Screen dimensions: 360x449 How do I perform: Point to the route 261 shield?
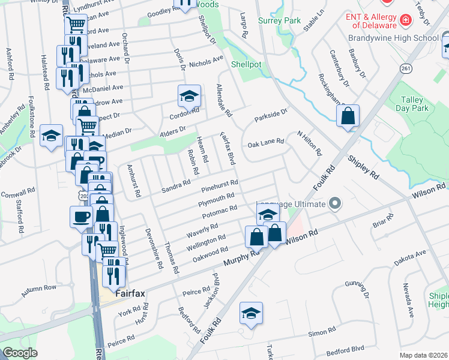tap(406, 68)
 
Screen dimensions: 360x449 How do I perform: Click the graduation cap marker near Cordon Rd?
tap(188, 96)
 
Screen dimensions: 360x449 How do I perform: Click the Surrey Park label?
tap(279, 20)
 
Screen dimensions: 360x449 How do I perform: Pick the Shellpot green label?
tap(246, 64)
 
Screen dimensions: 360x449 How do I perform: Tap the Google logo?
tap(20, 353)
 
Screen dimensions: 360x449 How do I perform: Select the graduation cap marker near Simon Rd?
tap(251, 314)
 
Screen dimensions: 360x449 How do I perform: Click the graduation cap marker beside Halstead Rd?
tap(52, 136)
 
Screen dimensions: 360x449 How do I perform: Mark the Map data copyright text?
tap(423, 355)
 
